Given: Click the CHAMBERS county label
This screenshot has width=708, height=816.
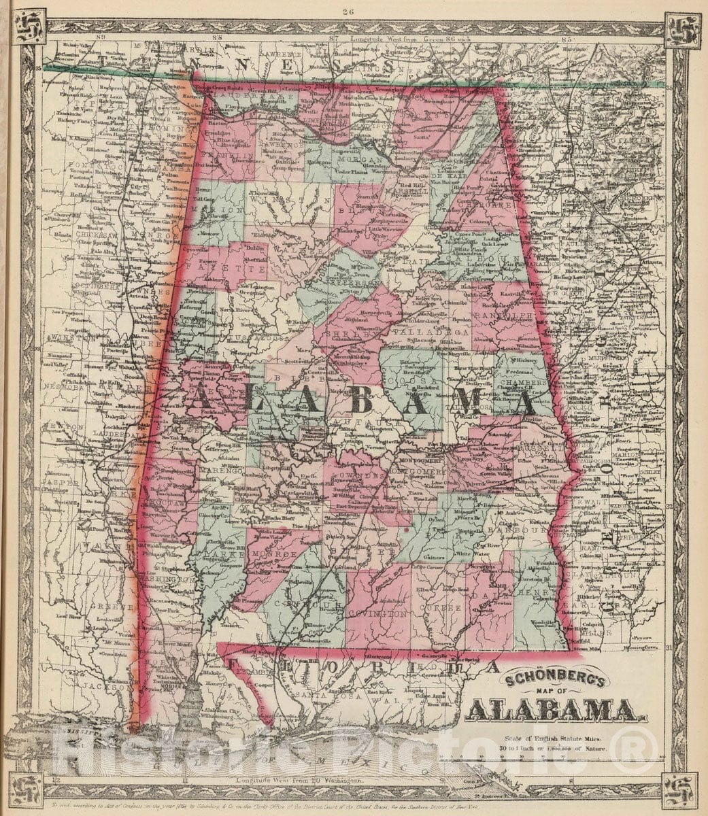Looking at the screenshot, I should coord(524,383).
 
